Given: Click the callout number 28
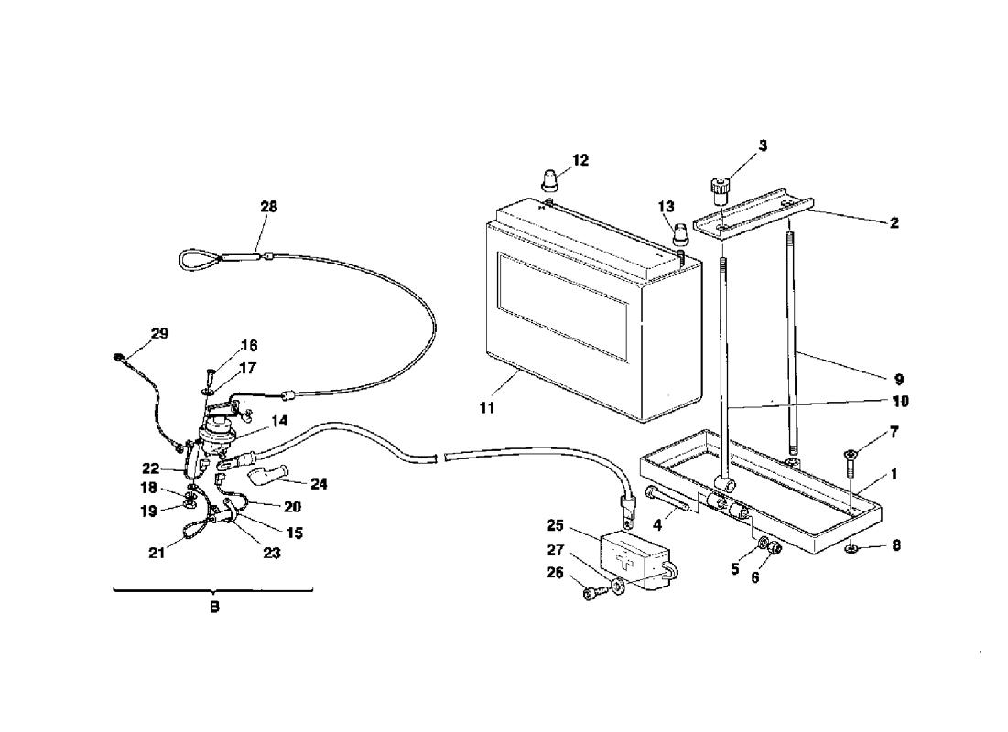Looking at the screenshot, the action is (x=269, y=206).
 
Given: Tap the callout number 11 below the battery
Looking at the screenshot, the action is (x=487, y=407).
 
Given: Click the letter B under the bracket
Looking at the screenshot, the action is (x=215, y=607).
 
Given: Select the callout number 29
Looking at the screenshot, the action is (x=159, y=333).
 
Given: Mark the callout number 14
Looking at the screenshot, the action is (x=279, y=421).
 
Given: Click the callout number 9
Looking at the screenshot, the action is (x=899, y=379).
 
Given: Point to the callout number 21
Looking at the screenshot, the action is (x=157, y=553).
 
